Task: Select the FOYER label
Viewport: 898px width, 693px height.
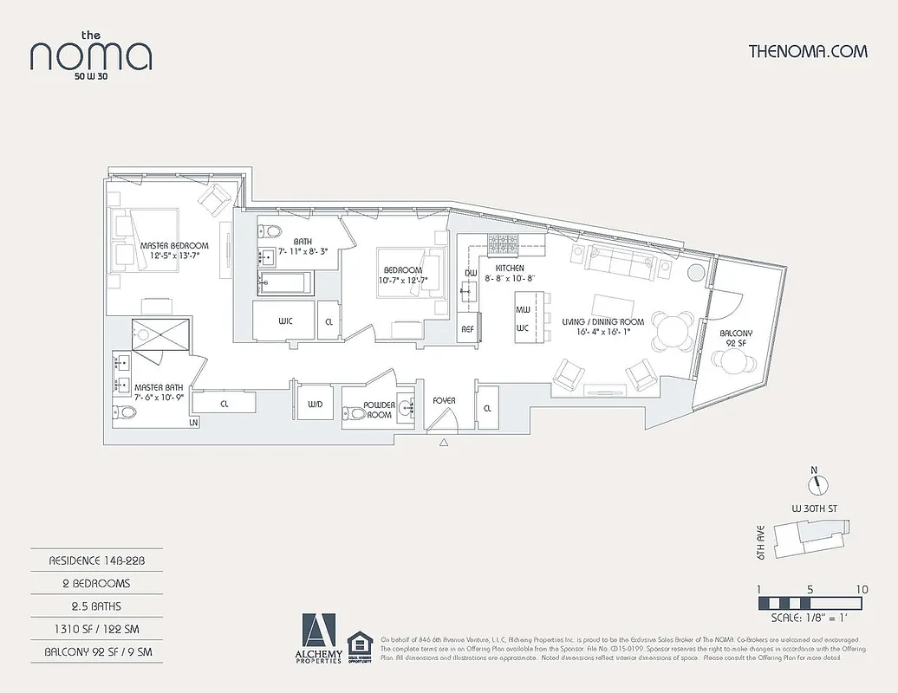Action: coord(444,401)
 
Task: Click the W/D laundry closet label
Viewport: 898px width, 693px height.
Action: coord(316,405)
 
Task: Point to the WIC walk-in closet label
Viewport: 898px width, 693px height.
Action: coord(285,321)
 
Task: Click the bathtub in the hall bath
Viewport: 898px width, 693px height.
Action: coord(284,282)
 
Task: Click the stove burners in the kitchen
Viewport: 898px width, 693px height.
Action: coord(503,244)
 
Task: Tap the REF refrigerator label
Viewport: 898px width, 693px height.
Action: coord(467,329)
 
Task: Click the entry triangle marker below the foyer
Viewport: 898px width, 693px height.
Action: coord(444,443)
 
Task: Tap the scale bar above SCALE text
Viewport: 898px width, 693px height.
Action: coord(810,603)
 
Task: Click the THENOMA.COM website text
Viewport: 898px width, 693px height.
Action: coord(807,51)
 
